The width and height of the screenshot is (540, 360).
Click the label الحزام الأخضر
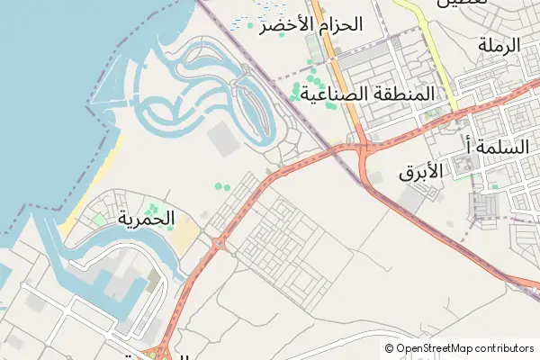coord(310,24)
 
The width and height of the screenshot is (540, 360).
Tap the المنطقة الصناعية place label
coord(366,93)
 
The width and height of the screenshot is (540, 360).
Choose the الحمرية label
coord(145,217)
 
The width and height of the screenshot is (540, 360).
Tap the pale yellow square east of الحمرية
coord(184,236)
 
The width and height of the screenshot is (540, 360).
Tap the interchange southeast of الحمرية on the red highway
coord(217,243)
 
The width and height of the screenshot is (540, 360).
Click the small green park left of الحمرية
coord(99,220)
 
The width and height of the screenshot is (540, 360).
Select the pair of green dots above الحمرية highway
coord(221,186)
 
